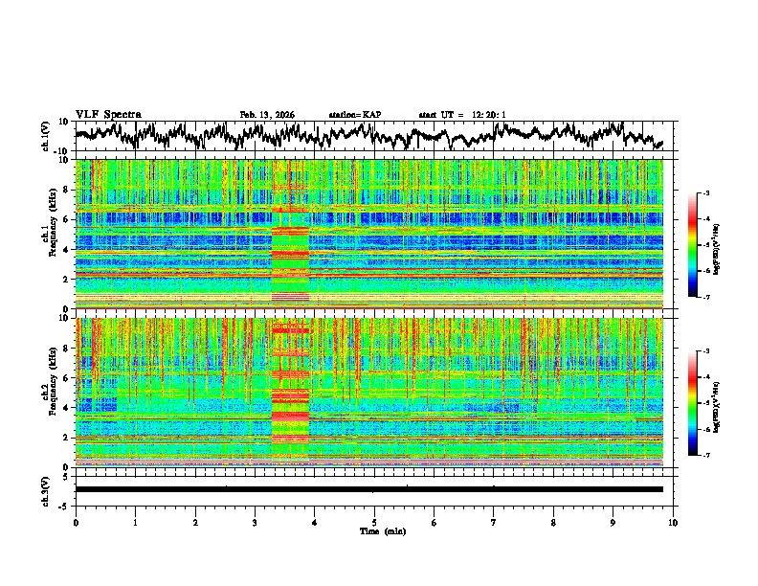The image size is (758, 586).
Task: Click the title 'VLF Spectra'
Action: coord(105,114)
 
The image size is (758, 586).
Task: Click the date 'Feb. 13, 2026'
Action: coord(267,115)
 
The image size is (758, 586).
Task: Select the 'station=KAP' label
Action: coord(354,115)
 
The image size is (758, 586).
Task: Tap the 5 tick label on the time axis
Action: coord(374,523)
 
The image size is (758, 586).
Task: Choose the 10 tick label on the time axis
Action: coord(673,523)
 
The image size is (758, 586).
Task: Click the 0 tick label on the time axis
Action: coord(76,523)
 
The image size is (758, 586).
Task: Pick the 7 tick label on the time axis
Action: coord(494,523)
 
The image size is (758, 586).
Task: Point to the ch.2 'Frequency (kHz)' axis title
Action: coord(56,393)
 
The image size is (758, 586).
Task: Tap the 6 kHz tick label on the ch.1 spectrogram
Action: coord(68,219)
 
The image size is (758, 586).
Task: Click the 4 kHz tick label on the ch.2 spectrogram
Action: coord(68,407)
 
